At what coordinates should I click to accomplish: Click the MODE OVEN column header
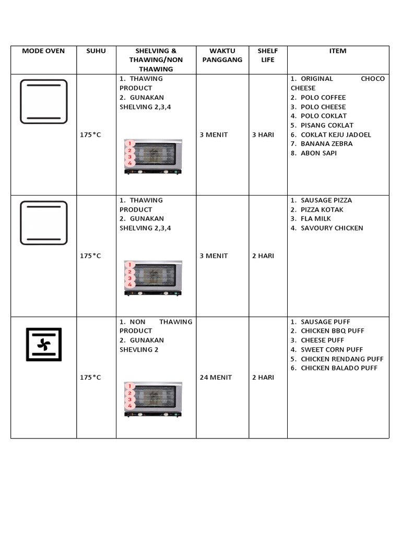(x=43, y=51)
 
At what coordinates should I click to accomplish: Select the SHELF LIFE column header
(x=268, y=55)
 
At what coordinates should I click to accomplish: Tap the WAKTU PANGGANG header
(x=222, y=55)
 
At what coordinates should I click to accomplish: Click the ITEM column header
(x=338, y=51)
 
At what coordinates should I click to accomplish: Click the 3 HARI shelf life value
(x=263, y=135)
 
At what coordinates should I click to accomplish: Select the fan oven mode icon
(x=44, y=344)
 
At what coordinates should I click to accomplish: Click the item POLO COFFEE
(x=323, y=98)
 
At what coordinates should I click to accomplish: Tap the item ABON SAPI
(x=319, y=153)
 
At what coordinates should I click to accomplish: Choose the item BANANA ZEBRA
(x=326, y=144)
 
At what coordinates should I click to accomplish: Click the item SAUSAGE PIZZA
(x=326, y=200)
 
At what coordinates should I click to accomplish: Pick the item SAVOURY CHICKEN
(x=332, y=228)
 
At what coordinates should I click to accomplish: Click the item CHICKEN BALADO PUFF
(x=339, y=368)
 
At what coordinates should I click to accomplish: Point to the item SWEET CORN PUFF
(x=332, y=350)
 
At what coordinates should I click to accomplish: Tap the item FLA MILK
(x=316, y=219)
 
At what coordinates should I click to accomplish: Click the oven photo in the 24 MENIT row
(x=153, y=399)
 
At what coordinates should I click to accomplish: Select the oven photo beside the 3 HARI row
(x=153, y=156)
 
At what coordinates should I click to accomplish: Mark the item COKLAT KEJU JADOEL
(x=336, y=135)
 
